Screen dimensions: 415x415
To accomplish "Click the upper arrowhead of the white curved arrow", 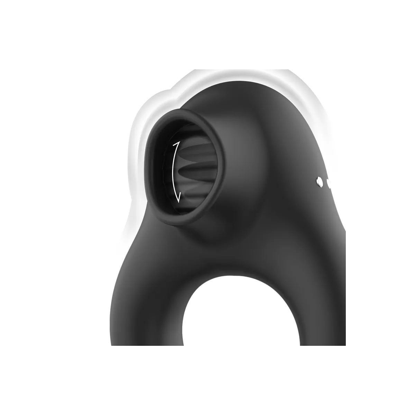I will tap(175, 143).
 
